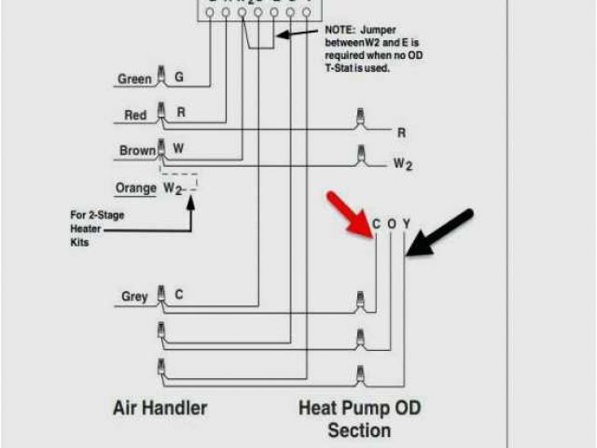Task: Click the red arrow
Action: click(x=349, y=215)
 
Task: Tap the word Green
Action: click(x=134, y=79)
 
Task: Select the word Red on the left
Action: click(x=135, y=116)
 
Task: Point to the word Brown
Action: click(x=137, y=150)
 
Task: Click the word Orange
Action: click(x=135, y=189)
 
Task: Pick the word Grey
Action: click(x=134, y=297)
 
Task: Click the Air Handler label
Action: click(x=160, y=408)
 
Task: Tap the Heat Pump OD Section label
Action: click(x=358, y=419)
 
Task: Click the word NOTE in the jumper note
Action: click(x=341, y=31)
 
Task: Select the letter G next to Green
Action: click(x=179, y=77)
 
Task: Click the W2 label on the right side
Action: click(x=402, y=164)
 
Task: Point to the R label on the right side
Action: click(x=402, y=133)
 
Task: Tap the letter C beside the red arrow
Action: click(x=376, y=225)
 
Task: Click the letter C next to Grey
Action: click(x=179, y=295)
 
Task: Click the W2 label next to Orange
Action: click(x=174, y=189)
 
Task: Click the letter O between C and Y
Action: click(x=392, y=225)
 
